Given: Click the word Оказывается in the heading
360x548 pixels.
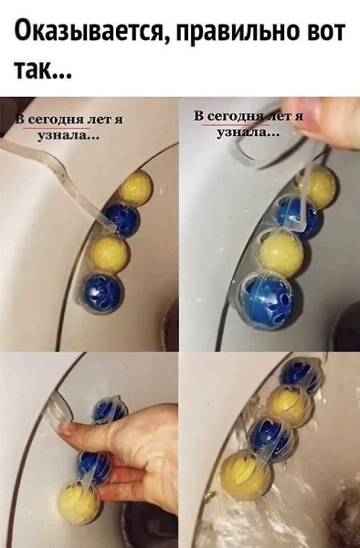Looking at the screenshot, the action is pyautogui.click(x=91, y=33).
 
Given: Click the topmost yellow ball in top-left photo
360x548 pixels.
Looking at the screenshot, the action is pyautogui.click(x=135, y=188).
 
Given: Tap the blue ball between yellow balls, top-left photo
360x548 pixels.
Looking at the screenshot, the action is pyautogui.click(x=122, y=220).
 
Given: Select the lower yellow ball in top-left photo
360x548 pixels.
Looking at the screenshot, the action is pyautogui.click(x=109, y=255).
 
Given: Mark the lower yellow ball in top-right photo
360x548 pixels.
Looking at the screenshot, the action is pyautogui.click(x=281, y=253).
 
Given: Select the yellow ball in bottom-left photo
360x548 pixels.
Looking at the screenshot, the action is pyautogui.click(x=79, y=502).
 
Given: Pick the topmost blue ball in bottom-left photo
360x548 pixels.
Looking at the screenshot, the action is pyautogui.click(x=109, y=409).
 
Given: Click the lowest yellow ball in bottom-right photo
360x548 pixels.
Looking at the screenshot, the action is pyautogui.click(x=245, y=472).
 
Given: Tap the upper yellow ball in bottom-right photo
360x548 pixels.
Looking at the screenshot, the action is pyautogui.click(x=291, y=404).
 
